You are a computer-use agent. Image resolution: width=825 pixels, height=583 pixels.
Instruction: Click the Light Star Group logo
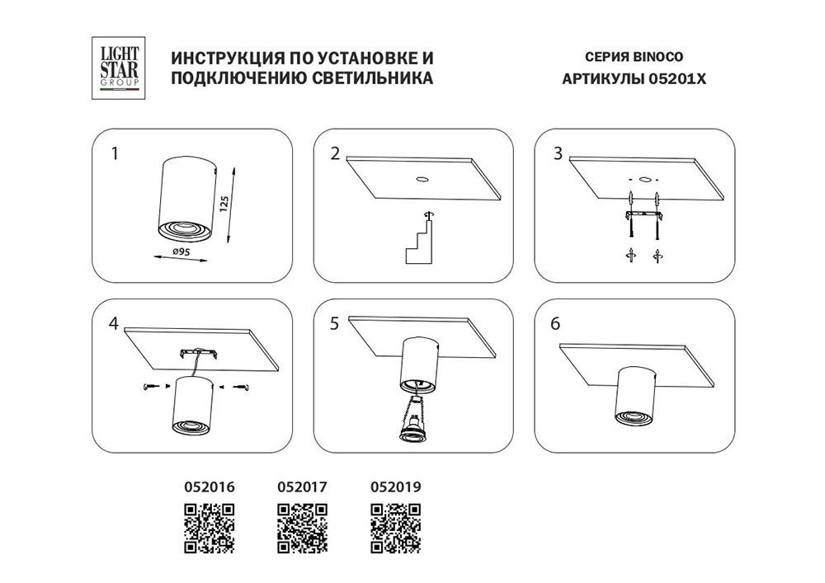(x=118, y=68)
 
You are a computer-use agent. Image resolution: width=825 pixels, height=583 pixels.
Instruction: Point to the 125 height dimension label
(x=224, y=204)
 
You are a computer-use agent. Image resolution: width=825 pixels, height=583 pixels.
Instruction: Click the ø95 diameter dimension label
(x=181, y=252)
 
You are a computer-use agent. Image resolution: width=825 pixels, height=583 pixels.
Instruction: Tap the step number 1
(x=115, y=153)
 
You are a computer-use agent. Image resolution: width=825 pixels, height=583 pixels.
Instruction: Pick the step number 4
(x=114, y=323)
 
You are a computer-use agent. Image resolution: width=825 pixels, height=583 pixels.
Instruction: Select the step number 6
(x=555, y=323)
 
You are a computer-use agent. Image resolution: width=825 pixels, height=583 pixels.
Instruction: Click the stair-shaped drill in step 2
(x=419, y=242)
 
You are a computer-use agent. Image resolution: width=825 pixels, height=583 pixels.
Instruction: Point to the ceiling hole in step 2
(x=422, y=179)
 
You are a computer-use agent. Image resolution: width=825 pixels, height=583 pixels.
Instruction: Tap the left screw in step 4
(x=151, y=387)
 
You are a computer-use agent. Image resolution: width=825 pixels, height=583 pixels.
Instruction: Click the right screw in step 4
(x=242, y=388)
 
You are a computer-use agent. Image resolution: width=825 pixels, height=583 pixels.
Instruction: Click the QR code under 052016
(x=210, y=529)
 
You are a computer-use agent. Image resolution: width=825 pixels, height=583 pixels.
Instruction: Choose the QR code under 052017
(x=303, y=529)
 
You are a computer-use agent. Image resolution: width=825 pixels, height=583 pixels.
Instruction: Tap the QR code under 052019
(x=396, y=529)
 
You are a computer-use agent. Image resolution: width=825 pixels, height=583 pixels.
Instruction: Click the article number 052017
(x=303, y=487)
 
